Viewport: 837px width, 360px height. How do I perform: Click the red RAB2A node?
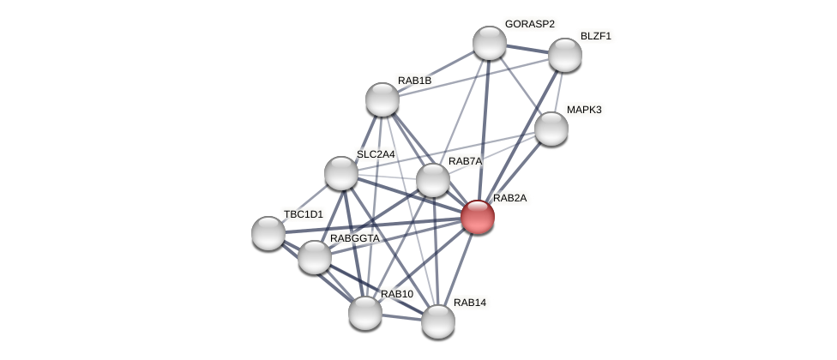pos(478,217)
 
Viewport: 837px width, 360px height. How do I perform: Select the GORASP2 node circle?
pos(490,43)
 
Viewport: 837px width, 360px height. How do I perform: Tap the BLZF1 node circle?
pos(565,55)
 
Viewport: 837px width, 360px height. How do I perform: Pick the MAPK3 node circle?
pos(551,129)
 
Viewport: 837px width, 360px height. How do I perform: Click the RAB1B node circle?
pos(382,99)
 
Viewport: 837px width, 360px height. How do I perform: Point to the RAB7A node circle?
pos(433,180)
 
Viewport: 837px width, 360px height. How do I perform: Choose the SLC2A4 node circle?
pos(341,173)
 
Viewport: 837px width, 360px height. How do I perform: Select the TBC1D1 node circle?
pos(268,233)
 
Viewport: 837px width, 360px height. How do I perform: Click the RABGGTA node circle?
pos(315,257)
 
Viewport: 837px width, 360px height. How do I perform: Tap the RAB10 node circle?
pos(365,313)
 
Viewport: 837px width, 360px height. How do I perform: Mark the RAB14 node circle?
pos(438,321)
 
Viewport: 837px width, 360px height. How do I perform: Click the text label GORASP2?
pos(529,24)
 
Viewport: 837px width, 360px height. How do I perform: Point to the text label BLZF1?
pos(595,36)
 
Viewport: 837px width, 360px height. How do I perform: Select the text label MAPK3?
pos(584,110)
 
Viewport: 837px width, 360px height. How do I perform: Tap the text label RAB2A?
pos(509,198)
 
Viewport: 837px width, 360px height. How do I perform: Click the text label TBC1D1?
pos(304,214)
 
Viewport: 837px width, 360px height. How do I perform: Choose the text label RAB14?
pos(469,303)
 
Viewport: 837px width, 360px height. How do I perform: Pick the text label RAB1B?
pos(414,81)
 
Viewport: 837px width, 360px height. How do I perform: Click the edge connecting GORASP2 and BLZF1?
pos(527,49)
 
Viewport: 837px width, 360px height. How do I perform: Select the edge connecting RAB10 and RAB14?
pos(401,317)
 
